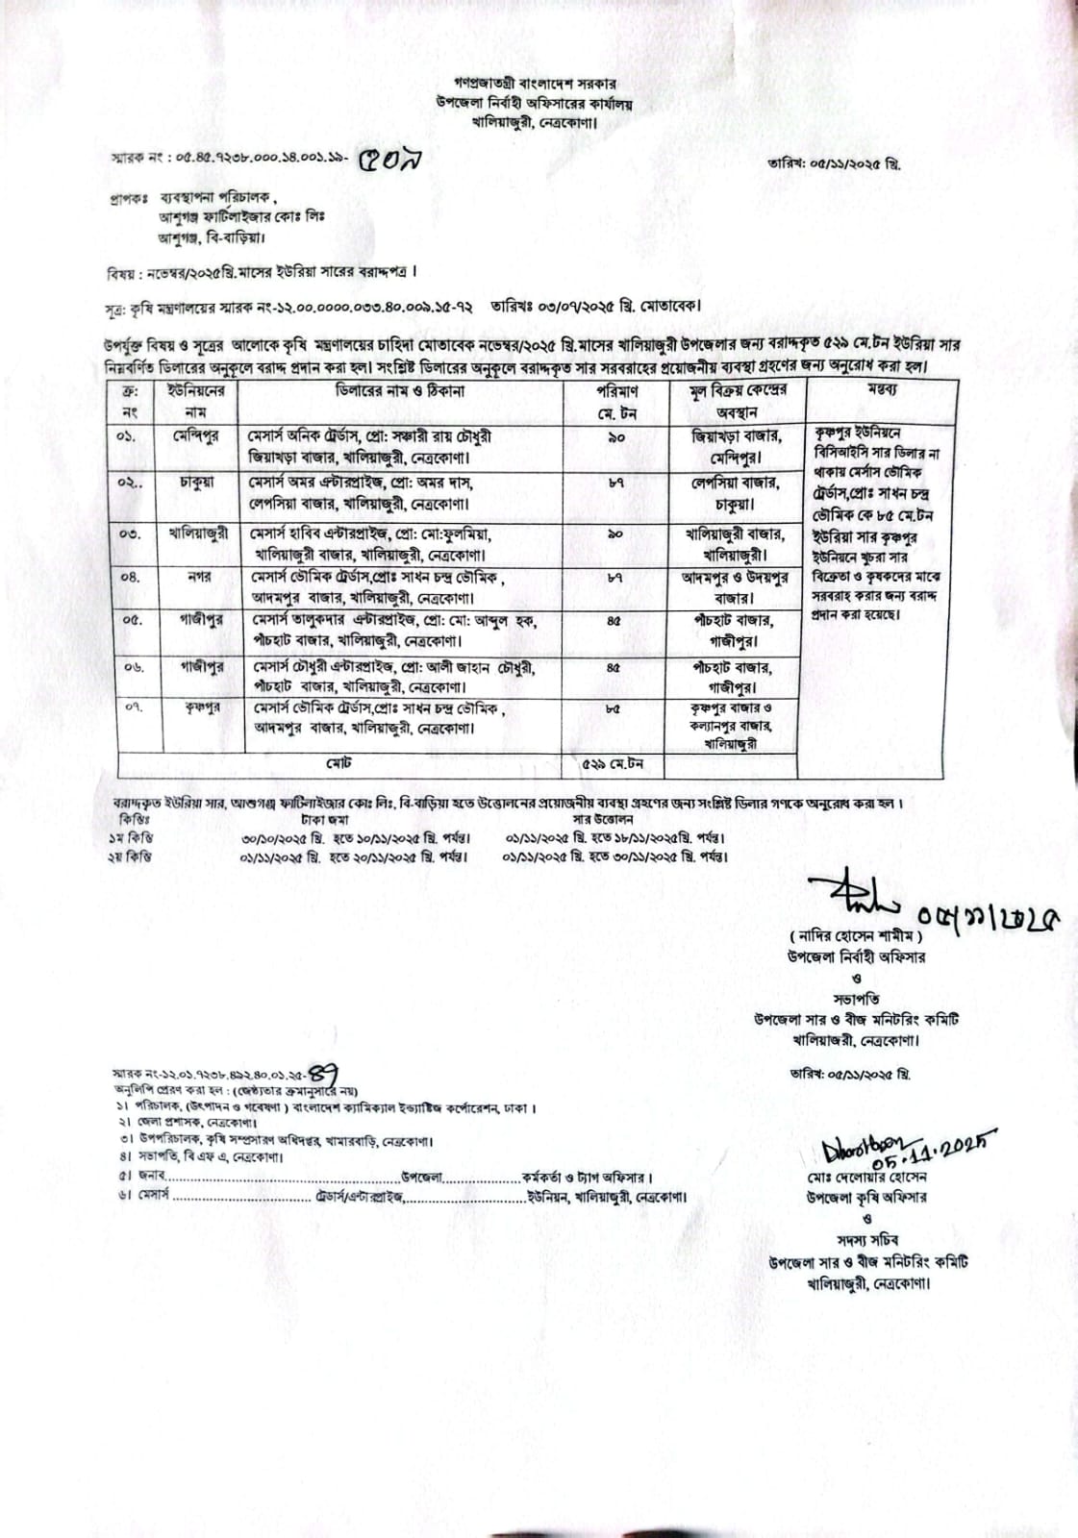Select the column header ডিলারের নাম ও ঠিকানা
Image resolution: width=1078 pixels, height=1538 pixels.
(400, 391)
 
